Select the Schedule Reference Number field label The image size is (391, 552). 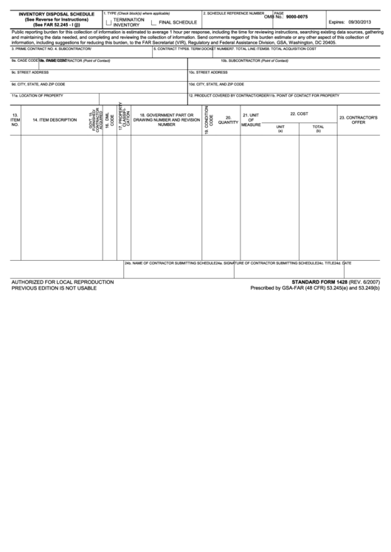point(234,13)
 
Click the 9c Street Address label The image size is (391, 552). point(31,72)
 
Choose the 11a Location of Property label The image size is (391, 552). point(37,96)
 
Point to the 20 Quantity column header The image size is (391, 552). point(228,120)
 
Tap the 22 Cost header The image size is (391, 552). point(299,113)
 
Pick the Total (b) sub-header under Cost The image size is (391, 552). point(318,128)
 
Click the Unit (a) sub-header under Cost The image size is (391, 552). point(280,128)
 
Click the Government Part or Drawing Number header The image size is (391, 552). point(167,120)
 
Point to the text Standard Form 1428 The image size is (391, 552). point(322,282)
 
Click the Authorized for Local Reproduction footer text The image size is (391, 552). point(62,282)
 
